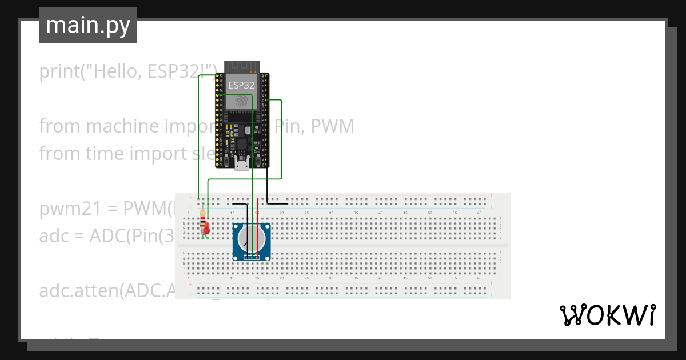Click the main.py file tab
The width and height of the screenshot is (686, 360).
coord(87,25)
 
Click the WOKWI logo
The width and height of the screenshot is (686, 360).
coord(607,315)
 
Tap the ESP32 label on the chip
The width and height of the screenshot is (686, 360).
coord(242,85)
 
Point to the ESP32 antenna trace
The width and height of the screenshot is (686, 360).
coord(242,66)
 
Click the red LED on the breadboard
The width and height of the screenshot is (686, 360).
coord(206,229)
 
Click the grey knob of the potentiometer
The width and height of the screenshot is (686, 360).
coord(252,240)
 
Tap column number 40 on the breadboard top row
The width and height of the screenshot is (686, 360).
coord(381,213)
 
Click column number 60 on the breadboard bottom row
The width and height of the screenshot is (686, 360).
coord(479,278)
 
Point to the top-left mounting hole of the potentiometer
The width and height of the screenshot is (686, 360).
coord(236,227)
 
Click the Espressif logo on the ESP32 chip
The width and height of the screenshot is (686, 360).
coord(241,102)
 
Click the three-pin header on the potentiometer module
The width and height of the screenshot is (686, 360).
coord(252,258)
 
